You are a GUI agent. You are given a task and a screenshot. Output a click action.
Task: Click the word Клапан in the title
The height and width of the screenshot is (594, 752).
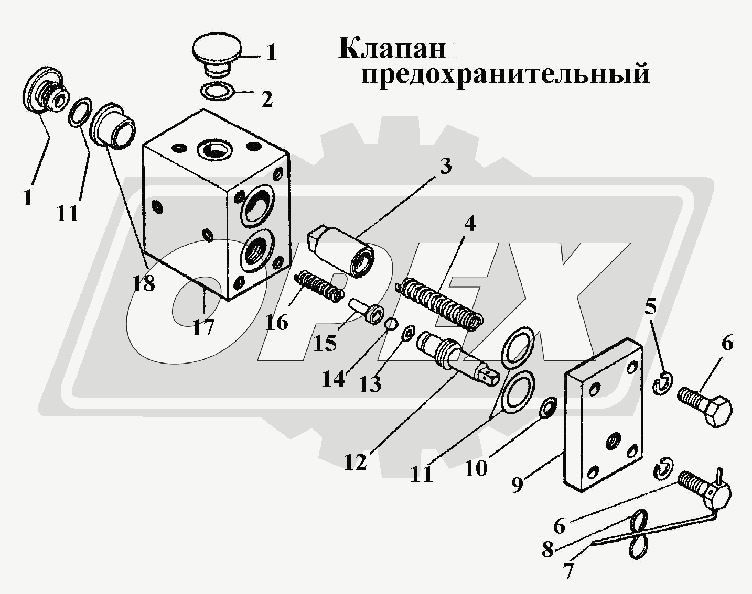click(392, 49)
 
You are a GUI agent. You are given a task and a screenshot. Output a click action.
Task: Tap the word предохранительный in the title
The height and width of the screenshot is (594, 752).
click(505, 73)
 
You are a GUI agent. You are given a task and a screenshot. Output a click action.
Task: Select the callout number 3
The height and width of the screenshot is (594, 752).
click(445, 167)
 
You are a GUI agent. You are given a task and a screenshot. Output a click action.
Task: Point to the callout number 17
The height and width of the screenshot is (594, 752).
click(203, 327)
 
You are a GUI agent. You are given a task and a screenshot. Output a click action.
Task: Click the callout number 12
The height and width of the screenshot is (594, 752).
click(355, 462)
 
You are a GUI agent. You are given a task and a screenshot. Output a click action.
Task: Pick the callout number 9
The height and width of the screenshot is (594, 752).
click(517, 485)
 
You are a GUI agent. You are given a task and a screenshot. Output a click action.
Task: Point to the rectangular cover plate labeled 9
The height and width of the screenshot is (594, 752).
click(603, 414)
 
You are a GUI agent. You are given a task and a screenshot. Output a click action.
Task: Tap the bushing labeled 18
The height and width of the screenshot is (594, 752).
click(112, 125)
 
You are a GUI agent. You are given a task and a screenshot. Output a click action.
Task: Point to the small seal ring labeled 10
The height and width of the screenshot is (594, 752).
click(549, 408)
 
